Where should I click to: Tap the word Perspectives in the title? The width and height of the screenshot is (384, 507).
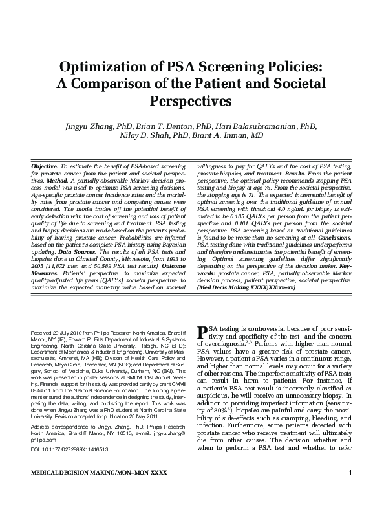[191, 101]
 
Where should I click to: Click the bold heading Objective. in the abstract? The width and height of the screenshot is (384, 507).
[45, 166]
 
